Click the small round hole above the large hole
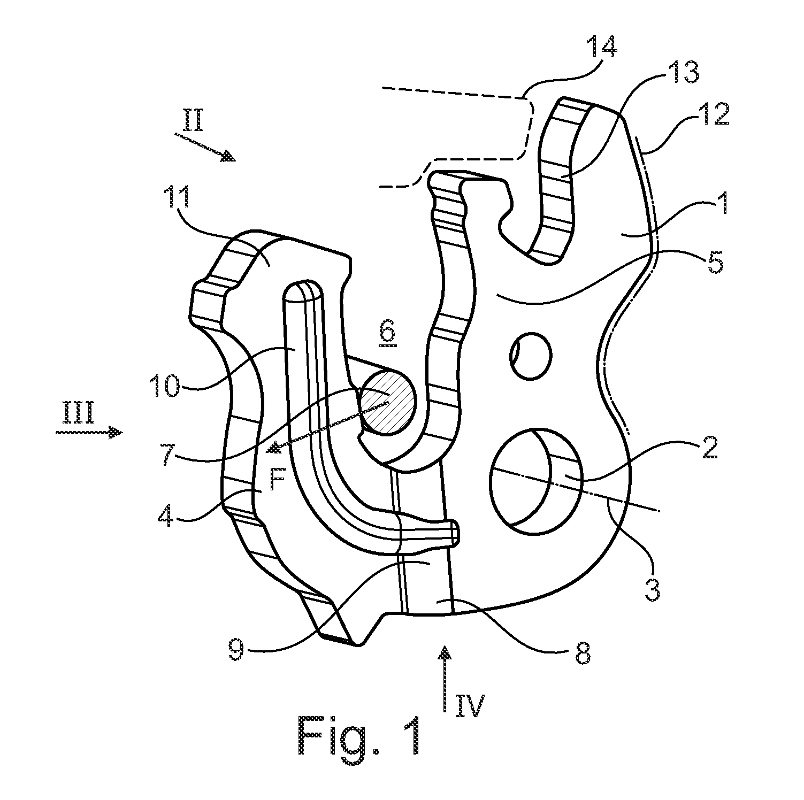tap(531, 356)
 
